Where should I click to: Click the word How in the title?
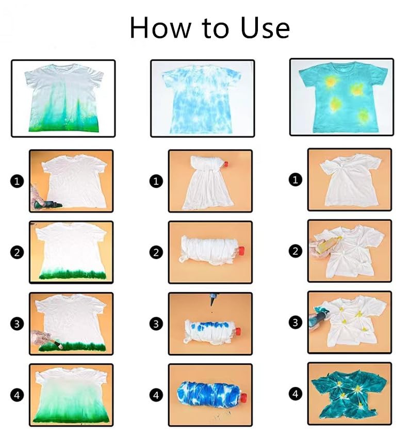pyautogui.click(x=157, y=28)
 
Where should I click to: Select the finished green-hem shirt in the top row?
pyautogui.click(x=63, y=98)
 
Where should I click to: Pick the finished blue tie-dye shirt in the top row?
pyautogui.click(x=202, y=98)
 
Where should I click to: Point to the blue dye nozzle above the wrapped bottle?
pyautogui.click(x=211, y=300)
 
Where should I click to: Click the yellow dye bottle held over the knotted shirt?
pyautogui.click(x=326, y=246)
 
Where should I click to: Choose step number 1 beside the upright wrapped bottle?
pyautogui.click(x=156, y=181)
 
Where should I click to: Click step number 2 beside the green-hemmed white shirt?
pyautogui.click(x=18, y=252)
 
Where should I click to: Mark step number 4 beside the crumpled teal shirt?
pyautogui.click(x=295, y=394)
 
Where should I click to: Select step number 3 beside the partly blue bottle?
pyautogui.click(x=156, y=323)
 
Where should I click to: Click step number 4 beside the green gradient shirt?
pyautogui.click(x=18, y=395)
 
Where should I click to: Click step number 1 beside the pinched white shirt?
pyautogui.click(x=295, y=180)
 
